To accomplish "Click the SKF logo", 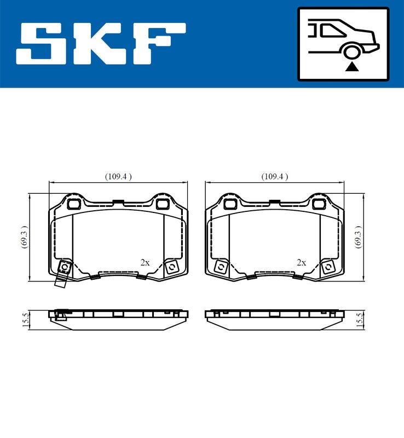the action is [x=101, y=44].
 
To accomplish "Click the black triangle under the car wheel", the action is [x=352, y=67].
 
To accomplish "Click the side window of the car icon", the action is [x=332, y=30].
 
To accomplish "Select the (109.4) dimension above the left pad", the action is [x=118, y=176].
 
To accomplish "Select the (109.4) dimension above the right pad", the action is [x=275, y=176].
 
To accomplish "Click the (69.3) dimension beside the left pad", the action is [x=25, y=237].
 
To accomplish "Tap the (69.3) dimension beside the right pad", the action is [x=358, y=237].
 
